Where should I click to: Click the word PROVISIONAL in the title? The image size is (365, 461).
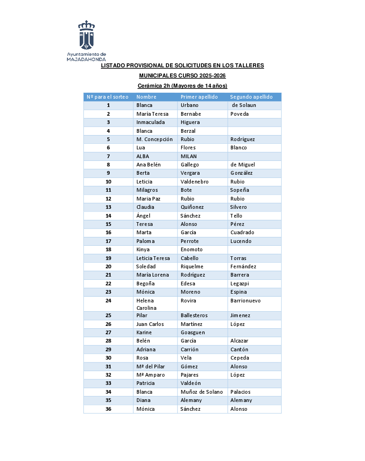(x=144, y=66)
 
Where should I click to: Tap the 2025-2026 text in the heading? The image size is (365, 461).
(x=211, y=76)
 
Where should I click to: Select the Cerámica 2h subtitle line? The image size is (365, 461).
(x=182, y=86)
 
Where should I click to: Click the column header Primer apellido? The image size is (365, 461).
(x=199, y=97)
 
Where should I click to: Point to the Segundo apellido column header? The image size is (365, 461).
(x=251, y=97)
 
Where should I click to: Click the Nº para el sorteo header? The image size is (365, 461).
(x=108, y=97)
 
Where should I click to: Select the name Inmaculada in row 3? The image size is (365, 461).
(x=150, y=123)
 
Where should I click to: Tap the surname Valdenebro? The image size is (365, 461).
(x=194, y=182)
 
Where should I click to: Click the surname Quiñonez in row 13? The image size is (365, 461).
(x=192, y=207)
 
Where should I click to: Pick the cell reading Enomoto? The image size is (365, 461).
(x=192, y=249)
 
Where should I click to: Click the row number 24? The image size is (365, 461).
(x=108, y=301)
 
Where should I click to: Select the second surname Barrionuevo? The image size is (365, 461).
(x=245, y=301)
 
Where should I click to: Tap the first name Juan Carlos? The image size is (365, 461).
(x=150, y=324)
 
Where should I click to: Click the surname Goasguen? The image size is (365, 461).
(x=193, y=332)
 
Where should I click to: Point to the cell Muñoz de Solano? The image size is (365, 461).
(x=202, y=392)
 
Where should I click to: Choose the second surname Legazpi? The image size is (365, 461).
(x=240, y=284)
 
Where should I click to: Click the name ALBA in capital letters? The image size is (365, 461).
(x=143, y=156)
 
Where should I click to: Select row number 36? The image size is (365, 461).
(x=108, y=409)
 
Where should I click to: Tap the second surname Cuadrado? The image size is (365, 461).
(x=242, y=232)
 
